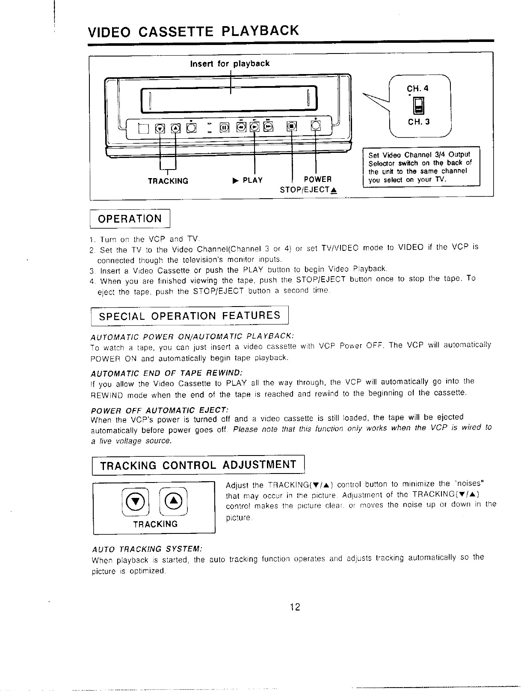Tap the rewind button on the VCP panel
coord(242,127)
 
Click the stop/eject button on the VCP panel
coord(292,126)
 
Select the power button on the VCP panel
coord(316,126)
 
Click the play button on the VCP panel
coord(255,127)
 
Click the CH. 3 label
coord(418,122)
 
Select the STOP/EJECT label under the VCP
coord(307,190)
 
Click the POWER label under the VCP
coord(317,179)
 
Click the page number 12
coord(295,606)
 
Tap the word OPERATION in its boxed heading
coord(130,219)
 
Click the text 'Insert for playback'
coord(230,64)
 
